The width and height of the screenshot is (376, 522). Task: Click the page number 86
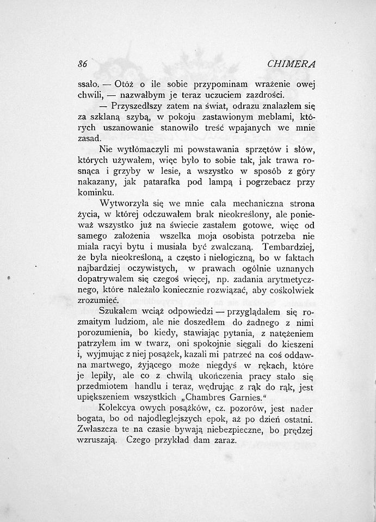click(83, 64)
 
